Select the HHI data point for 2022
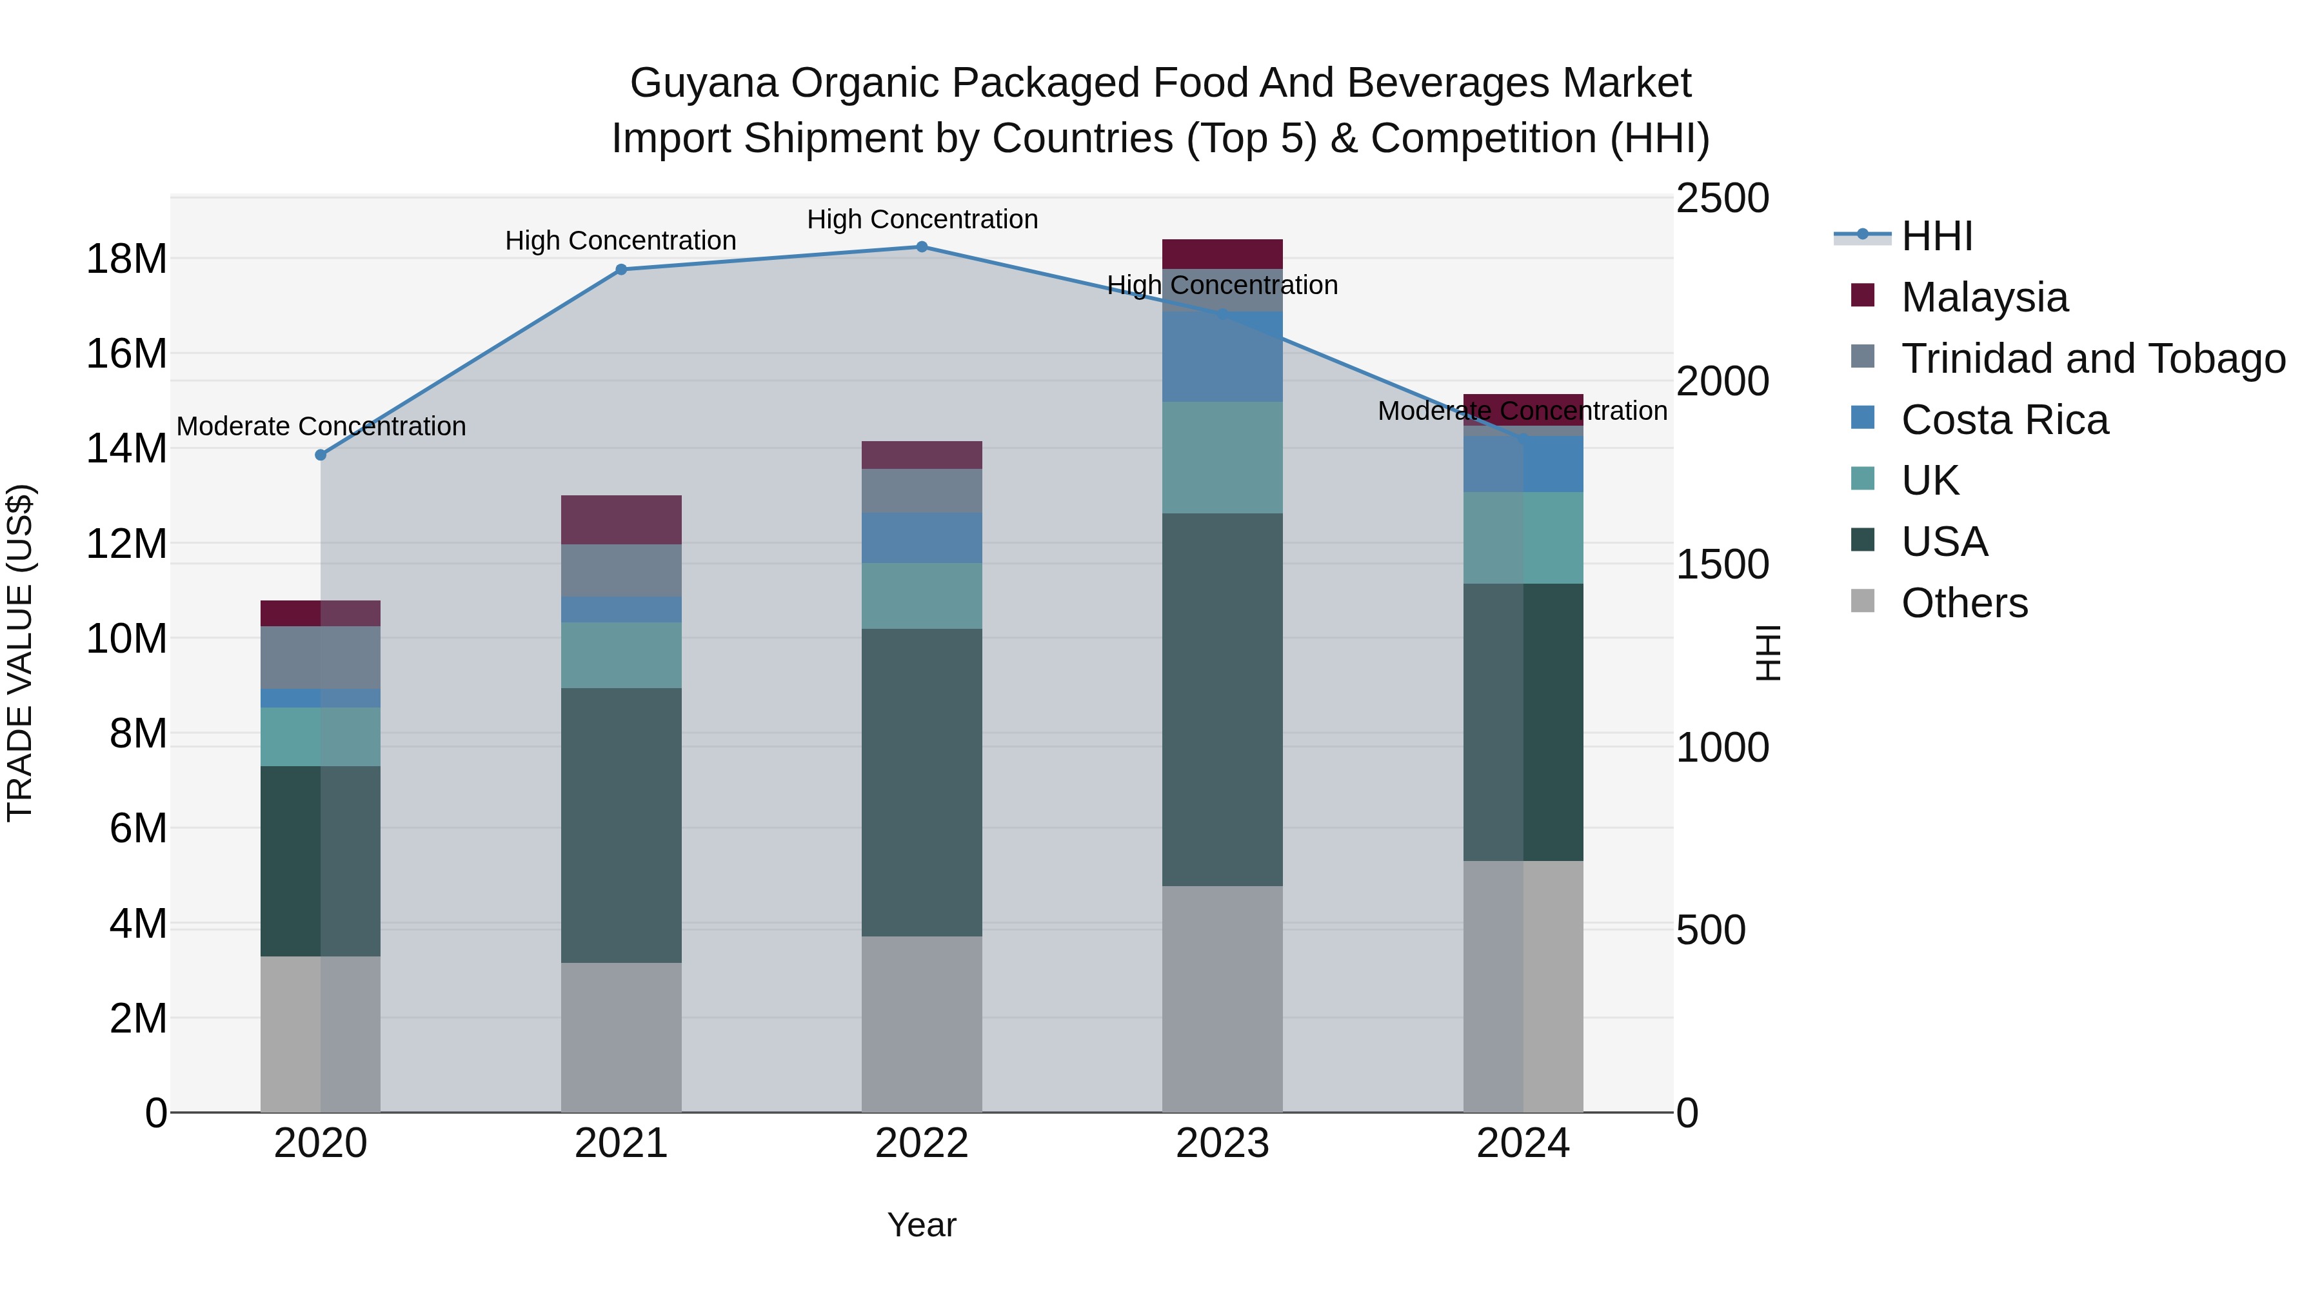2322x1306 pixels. tap(921, 247)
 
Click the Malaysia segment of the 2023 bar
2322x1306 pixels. tap(1222, 254)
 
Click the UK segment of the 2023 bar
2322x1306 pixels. tap(1222, 457)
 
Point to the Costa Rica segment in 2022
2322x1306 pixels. tap(921, 538)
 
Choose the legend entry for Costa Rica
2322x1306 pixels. tap(2004, 420)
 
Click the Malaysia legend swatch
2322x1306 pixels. tap(1861, 295)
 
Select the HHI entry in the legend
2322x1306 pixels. tap(1936, 236)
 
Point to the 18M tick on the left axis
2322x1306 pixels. tap(126, 259)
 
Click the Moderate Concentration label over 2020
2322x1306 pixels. tap(321, 426)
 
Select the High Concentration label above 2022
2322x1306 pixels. tap(921, 220)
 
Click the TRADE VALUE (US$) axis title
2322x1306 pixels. tap(20, 653)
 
